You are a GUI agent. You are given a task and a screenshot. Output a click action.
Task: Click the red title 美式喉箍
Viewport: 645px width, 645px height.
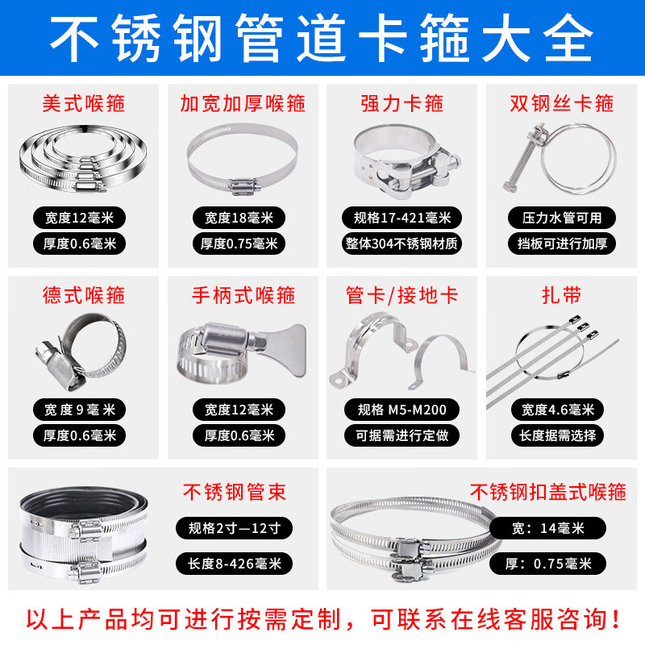coord(84,103)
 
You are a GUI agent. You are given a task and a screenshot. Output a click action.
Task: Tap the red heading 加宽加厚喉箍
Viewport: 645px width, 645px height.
coord(243,103)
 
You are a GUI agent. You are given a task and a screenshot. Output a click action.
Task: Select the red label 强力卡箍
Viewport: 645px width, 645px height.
coord(402,103)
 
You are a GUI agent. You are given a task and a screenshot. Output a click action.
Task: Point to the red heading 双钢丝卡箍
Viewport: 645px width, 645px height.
coord(562,103)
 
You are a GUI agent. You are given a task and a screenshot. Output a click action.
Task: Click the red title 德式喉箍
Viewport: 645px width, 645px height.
coord(84,295)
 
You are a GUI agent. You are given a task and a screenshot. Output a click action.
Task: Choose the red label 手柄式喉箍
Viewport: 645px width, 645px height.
coord(243,295)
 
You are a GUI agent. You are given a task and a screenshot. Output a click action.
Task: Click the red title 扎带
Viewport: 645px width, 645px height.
coord(562,295)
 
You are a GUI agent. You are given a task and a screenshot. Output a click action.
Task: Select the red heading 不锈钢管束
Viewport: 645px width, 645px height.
coord(235,491)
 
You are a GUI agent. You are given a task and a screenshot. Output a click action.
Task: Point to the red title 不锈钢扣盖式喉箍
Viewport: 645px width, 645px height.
coord(547,491)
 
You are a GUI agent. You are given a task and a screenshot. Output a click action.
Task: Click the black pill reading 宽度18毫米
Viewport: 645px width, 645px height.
coord(239,218)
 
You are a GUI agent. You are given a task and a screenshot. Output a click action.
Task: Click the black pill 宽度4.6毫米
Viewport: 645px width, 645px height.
coord(557,410)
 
